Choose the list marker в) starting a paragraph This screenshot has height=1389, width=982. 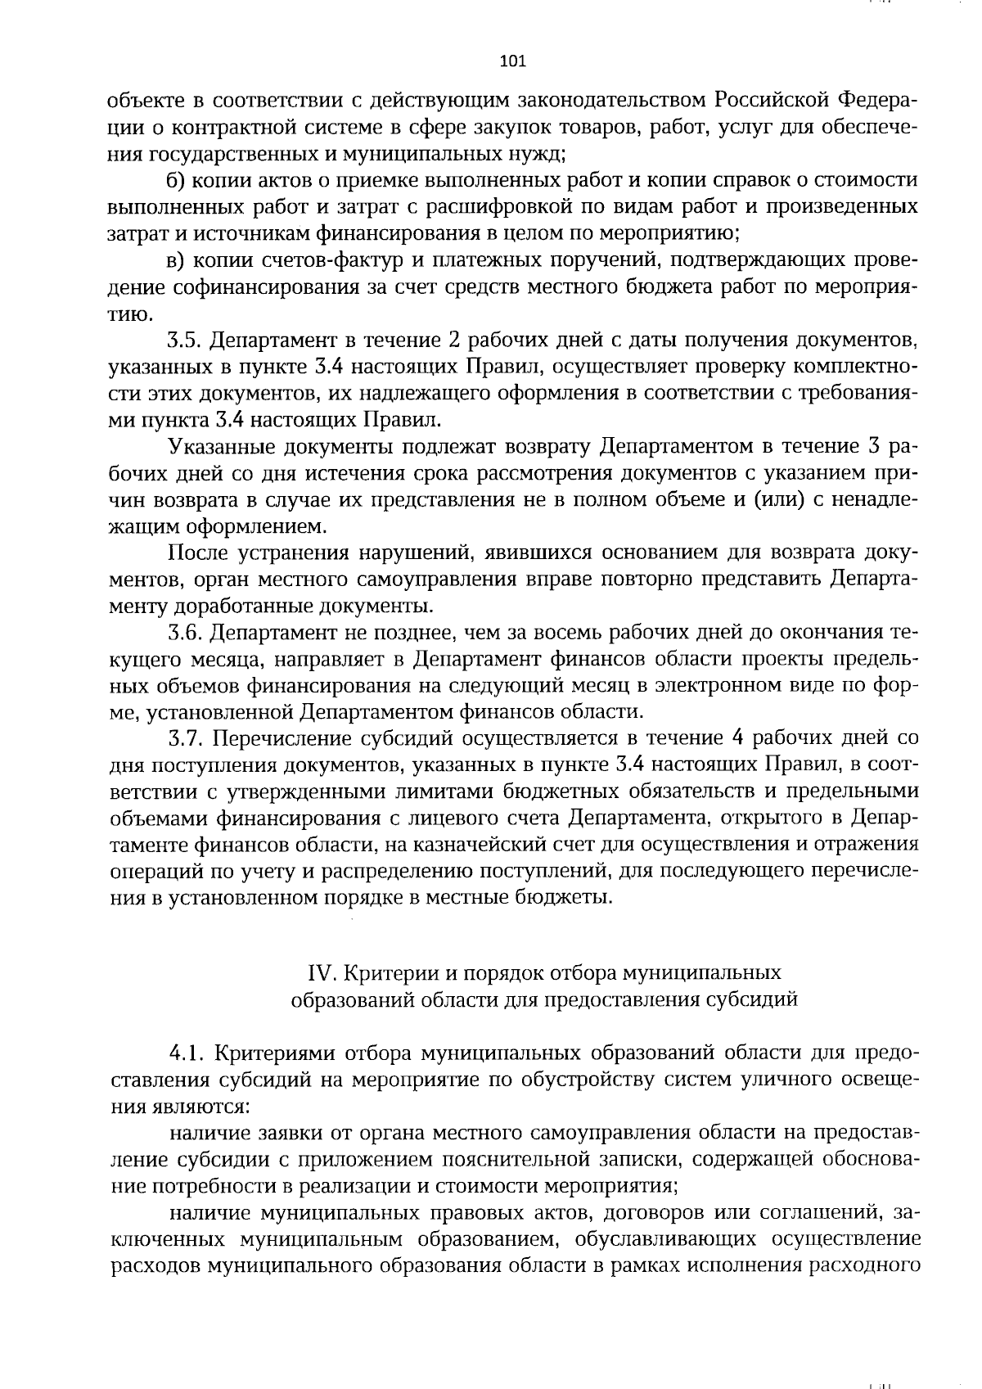point(178,260)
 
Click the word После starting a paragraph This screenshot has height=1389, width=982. point(197,553)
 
